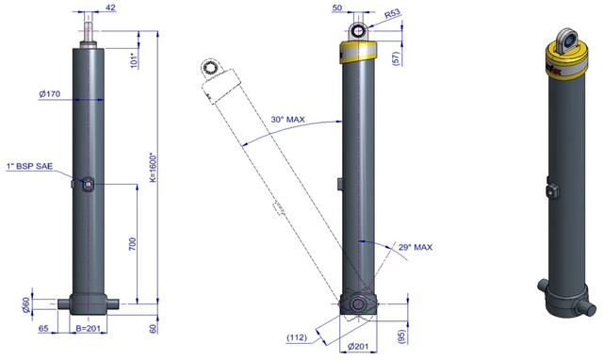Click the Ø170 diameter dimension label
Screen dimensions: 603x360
[x=50, y=93]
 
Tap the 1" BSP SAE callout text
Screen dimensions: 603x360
[x=29, y=166]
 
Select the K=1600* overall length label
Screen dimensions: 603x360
[x=153, y=168]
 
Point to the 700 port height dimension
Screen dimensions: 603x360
[x=132, y=245]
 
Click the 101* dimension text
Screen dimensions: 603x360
[x=134, y=60]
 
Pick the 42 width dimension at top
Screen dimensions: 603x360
[x=110, y=8]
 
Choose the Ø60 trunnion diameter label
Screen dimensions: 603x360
[x=25, y=304]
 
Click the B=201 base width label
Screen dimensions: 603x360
[x=88, y=328]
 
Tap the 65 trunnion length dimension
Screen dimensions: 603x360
[x=43, y=328]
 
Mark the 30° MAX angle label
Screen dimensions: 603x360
[x=287, y=120]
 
